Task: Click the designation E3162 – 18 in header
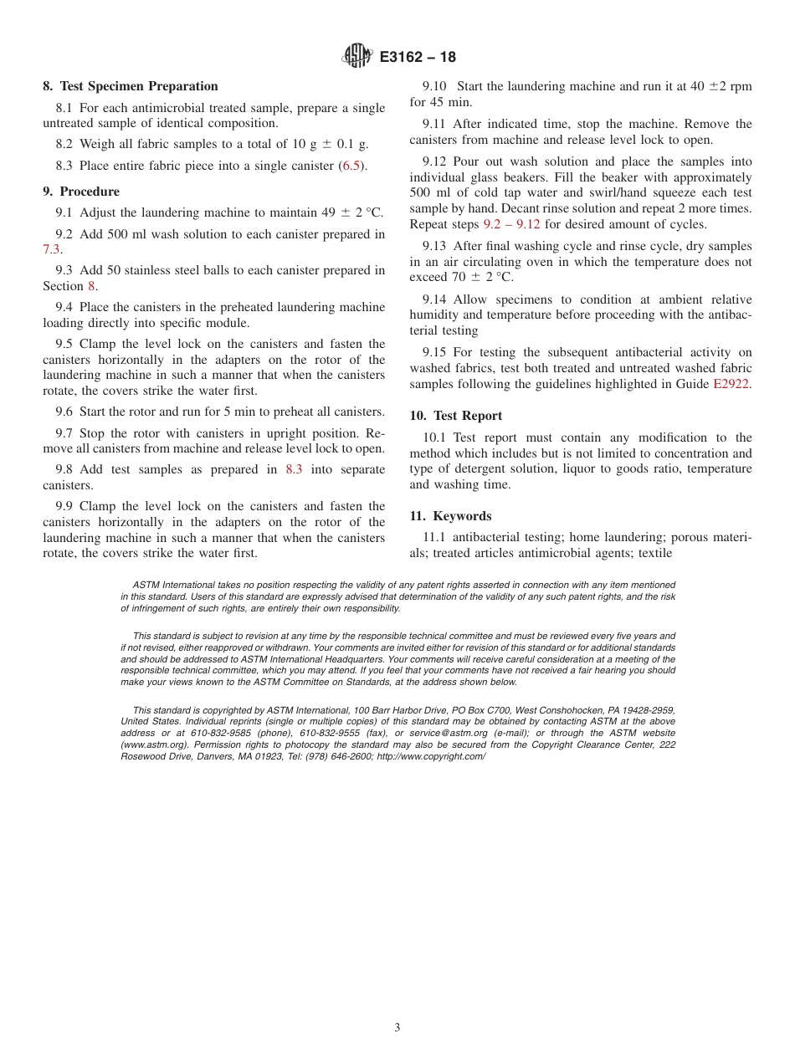418,58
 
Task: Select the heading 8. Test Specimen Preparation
131,86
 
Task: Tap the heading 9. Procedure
81,192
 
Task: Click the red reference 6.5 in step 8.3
351,166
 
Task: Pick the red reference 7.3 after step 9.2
52,249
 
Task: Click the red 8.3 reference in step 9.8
294,469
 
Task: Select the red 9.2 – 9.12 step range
511,224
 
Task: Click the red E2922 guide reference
731,384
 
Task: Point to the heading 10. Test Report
456,416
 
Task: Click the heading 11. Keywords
450,516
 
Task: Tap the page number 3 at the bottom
397,1028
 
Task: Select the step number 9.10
434,86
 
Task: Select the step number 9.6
64,412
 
